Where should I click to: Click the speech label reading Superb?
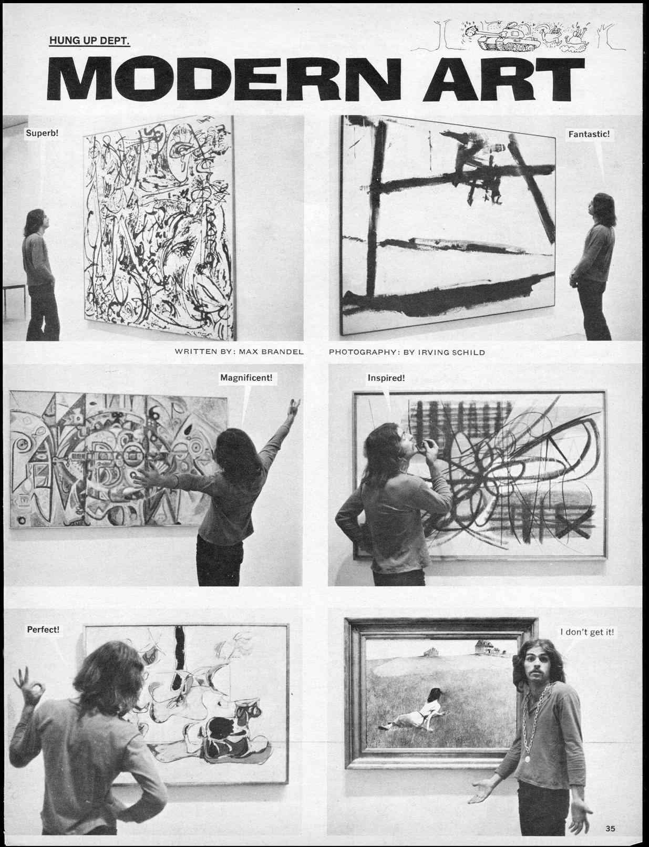(x=42, y=133)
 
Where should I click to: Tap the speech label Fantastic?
(x=589, y=134)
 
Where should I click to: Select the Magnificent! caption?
(x=246, y=378)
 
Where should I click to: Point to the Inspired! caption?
(x=386, y=378)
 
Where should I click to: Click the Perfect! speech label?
(x=43, y=629)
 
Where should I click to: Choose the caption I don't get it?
(x=587, y=632)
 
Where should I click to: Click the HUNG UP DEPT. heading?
(x=89, y=40)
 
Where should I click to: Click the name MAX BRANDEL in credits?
(x=271, y=352)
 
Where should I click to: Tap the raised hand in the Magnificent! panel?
(x=295, y=407)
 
